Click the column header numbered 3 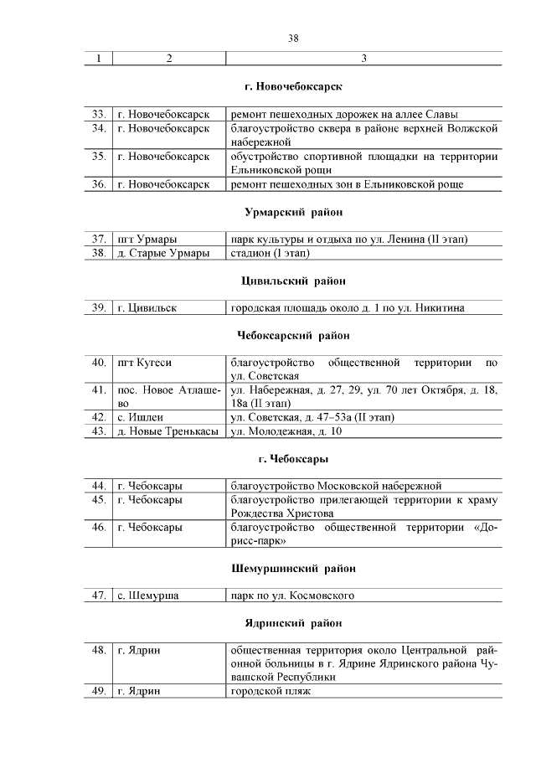pos(363,58)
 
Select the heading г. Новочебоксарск pos(293,86)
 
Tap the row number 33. pos(98,114)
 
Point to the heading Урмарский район pos(293,212)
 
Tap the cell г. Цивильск pos(147,308)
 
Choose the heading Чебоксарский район pos(293,336)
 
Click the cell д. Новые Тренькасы pos(167,431)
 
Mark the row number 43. pos(98,431)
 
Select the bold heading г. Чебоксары pos(293,459)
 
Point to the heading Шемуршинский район pos(293,569)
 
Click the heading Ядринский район pos(293,623)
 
